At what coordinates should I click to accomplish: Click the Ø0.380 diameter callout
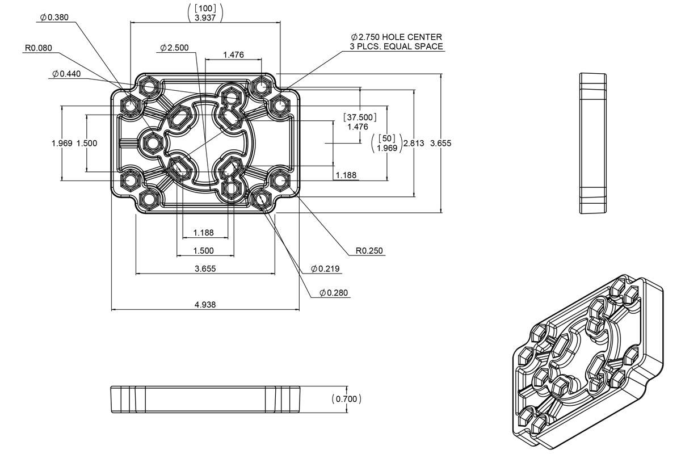tap(54, 18)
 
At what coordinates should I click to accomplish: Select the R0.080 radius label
tap(38, 48)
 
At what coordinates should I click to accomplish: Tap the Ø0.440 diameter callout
tap(66, 74)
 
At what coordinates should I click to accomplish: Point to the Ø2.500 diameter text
tap(174, 48)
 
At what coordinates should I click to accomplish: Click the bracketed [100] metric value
tap(205, 7)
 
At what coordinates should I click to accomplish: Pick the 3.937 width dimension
tap(205, 18)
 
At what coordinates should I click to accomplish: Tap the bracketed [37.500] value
tap(359, 117)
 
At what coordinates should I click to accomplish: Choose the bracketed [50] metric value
tap(386, 138)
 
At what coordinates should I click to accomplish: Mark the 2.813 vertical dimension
tap(413, 143)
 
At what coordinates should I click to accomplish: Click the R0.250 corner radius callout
tap(369, 250)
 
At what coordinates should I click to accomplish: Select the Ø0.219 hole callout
tap(326, 268)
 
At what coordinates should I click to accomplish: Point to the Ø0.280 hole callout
tap(334, 293)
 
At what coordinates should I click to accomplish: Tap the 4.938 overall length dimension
tap(205, 305)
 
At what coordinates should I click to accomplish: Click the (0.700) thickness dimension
tap(346, 399)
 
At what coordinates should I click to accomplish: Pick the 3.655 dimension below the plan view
tap(205, 268)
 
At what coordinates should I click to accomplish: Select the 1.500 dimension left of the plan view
tap(87, 143)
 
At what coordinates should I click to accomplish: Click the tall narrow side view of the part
tap(592, 144)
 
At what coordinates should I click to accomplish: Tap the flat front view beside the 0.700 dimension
tap(205, 399)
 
